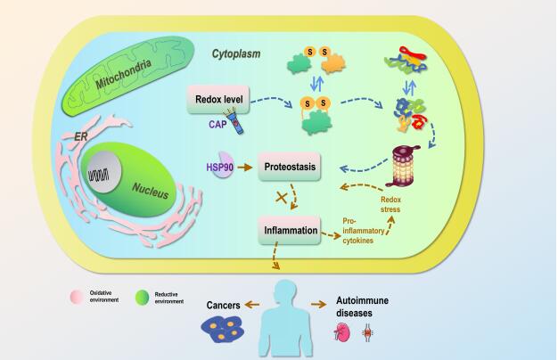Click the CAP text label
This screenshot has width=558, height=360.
(x=214, y=125)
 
